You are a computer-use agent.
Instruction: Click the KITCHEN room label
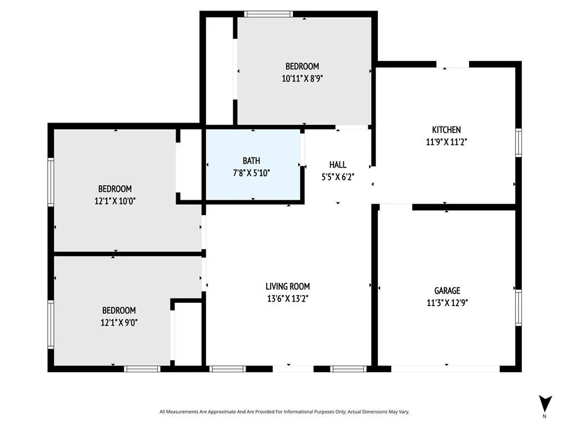[x=447, y=130]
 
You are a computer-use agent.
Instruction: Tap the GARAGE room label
[x=447, y=290]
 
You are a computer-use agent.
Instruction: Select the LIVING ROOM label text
[x=287, y=286]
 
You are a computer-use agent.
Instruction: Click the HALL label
[x=338, y=165]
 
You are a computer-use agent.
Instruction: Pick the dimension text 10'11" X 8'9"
[x=302, y=79]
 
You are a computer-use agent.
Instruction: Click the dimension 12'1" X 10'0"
[x=115, y=201]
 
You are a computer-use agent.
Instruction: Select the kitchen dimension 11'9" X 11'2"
[x=447, y=141]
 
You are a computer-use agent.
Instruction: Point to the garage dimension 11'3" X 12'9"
[x=447, y=302]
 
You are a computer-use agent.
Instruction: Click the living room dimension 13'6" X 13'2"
[x=287, y=298]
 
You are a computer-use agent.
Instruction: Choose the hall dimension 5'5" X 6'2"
[x=338, y=176]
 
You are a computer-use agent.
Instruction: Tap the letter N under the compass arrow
[x=545, y=416]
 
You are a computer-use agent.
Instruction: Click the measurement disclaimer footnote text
[x=284, y=412]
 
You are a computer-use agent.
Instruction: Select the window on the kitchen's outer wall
[x=518, y=142]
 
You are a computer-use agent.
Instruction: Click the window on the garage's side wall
[x=518, y=307]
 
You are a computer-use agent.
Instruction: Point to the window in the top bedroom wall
[x=269, y=14]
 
